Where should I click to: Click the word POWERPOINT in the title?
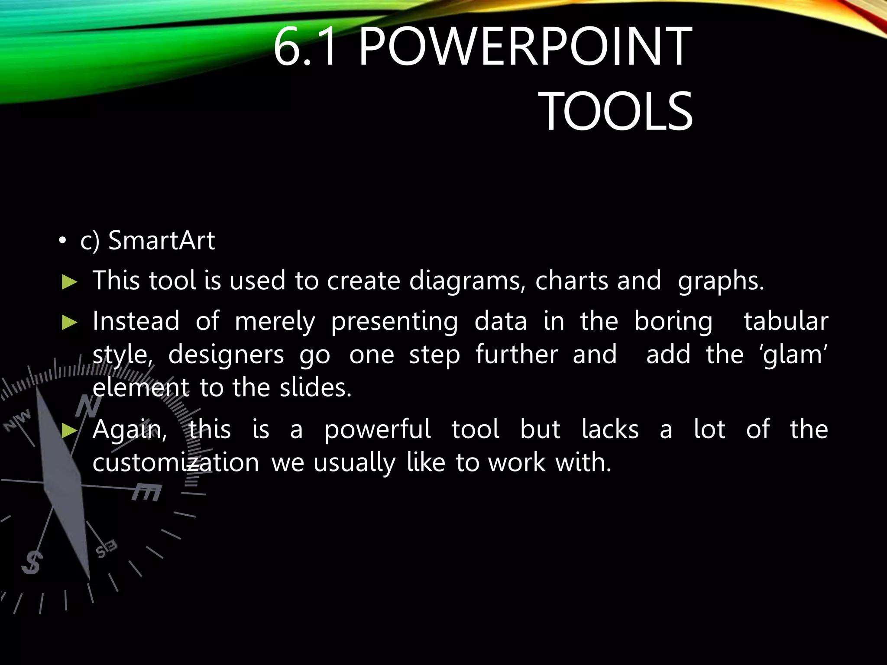coord(525,47)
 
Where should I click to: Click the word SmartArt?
coord(161,241)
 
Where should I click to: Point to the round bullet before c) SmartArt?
coord(63,241)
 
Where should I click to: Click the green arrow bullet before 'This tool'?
coord(69,282)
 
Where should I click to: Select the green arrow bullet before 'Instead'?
coord(69,323)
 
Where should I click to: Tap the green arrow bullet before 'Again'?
coord(69,430)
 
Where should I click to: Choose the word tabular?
coord(786,322)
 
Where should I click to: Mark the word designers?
coord(226,355)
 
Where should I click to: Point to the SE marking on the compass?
coord(107,549)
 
